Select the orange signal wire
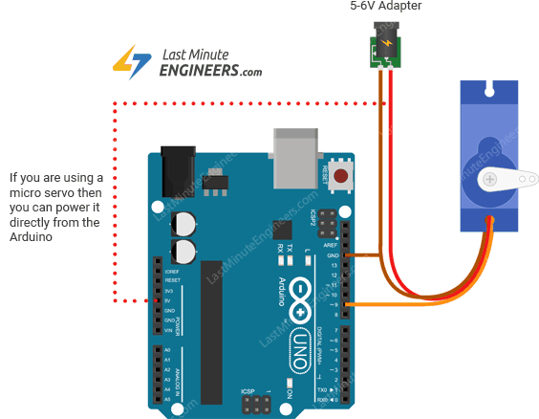tap(420, 306)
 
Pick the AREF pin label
tap(332, 246)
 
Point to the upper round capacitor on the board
tap(183, 224)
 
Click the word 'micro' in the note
tap(26, 192)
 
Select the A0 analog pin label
tap(166, 351)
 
